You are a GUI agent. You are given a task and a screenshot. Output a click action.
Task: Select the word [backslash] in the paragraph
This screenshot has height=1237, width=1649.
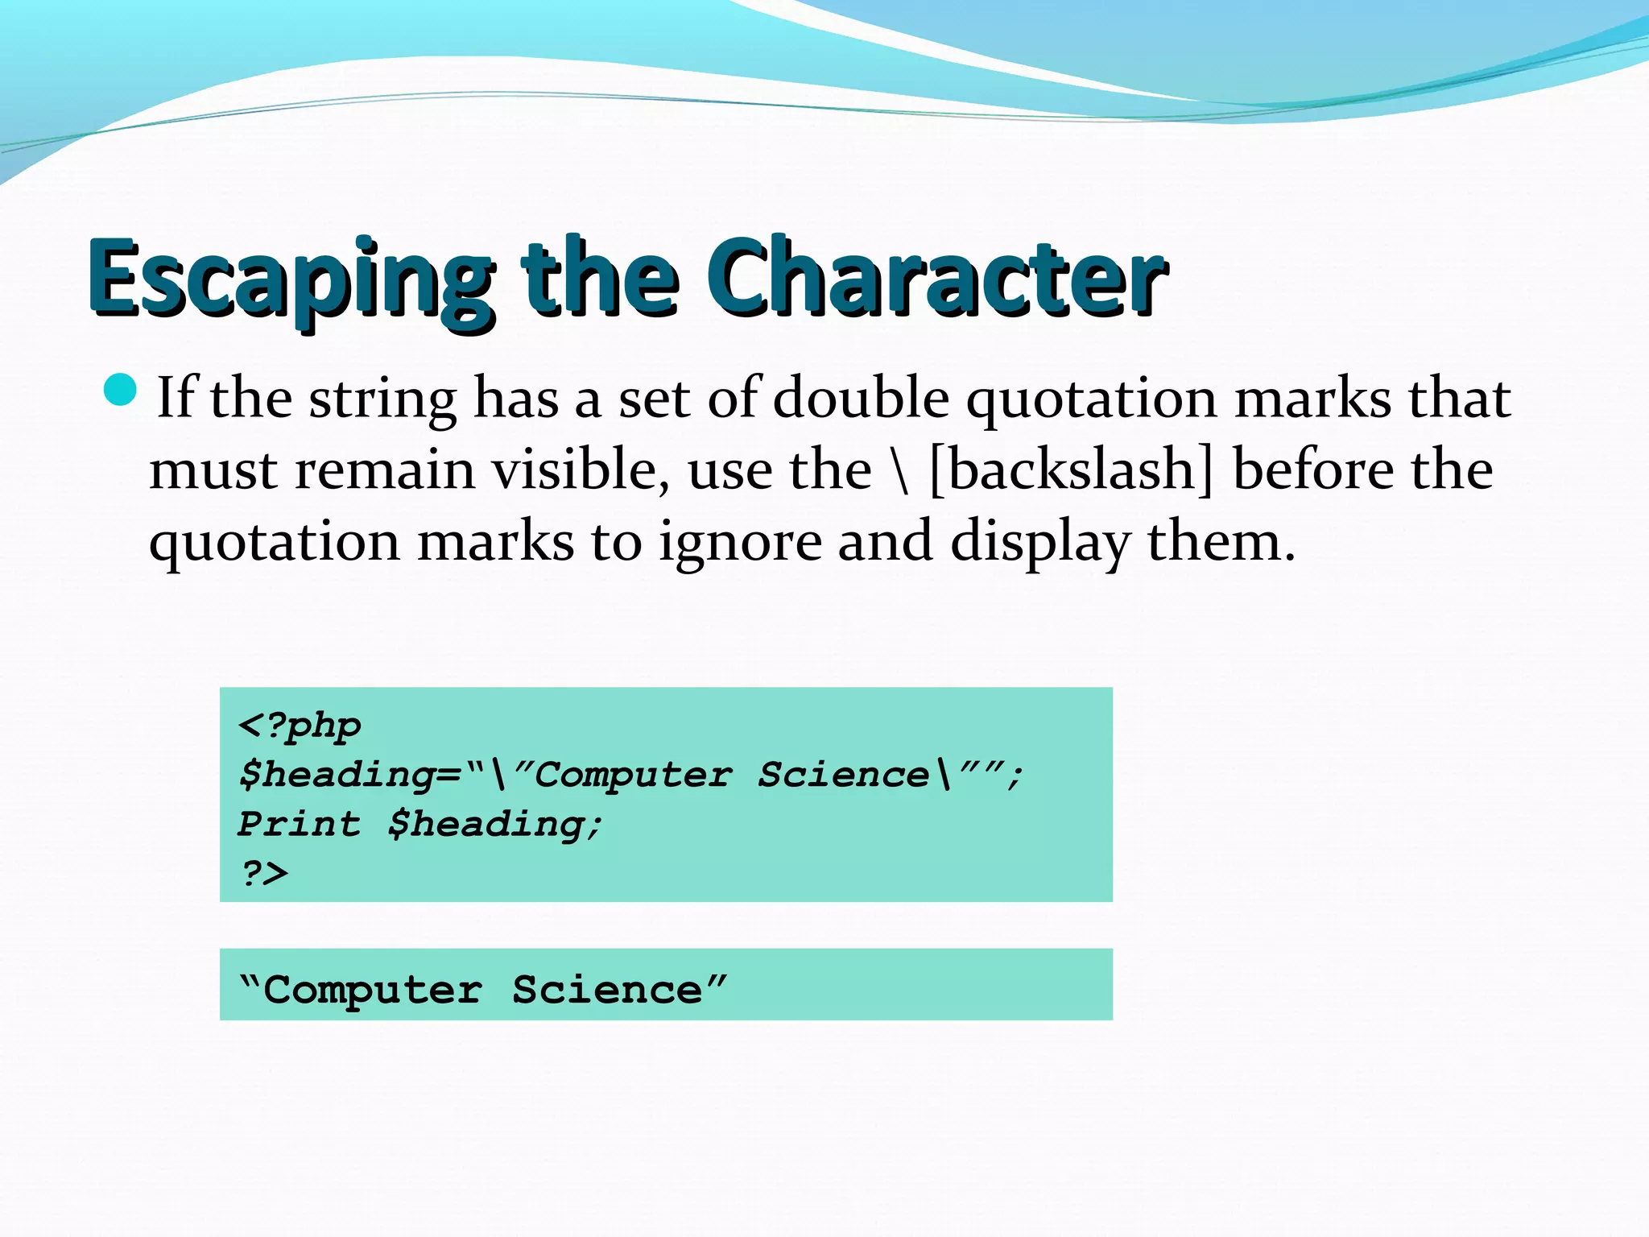[1070, 470]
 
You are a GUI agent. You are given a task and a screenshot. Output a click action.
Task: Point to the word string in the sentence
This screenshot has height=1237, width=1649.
[383, 399]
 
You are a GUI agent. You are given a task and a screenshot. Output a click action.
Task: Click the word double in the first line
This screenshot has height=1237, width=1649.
[861, 398]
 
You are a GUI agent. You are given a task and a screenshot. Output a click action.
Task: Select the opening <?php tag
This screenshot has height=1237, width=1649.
[300, 726]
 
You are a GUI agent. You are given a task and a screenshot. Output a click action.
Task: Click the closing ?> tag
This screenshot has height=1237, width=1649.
[264, 873]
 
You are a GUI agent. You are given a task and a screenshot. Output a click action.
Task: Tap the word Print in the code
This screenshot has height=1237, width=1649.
[300, 824]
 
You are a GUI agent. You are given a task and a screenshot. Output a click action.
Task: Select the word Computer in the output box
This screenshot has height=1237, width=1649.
[373, 990]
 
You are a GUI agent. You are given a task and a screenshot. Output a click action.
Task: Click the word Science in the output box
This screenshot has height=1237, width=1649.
[607, 990]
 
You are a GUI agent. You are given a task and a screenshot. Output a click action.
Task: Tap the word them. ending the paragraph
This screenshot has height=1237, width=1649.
[1221, 541]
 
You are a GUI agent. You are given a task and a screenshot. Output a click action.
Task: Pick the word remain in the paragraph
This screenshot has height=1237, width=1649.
[384, 470]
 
